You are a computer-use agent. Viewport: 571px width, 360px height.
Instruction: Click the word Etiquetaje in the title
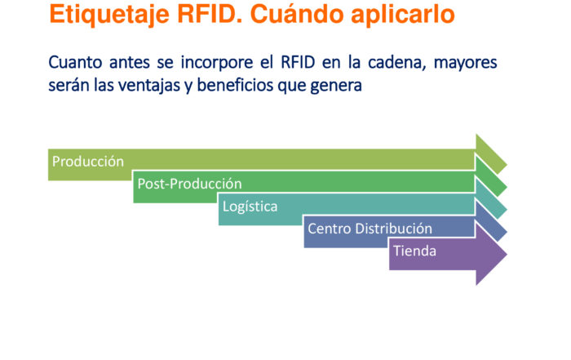(109, 16)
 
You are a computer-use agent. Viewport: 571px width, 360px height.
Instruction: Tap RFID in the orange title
(210, 14)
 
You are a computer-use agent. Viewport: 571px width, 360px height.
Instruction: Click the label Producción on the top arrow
(88, 162)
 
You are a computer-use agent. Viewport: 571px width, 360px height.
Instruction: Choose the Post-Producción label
(189, 184)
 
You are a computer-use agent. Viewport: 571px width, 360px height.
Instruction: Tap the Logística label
(250, 207)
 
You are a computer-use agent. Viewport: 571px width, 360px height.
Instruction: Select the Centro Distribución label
(370, 229)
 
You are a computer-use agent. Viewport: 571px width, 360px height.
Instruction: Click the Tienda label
(414, 251)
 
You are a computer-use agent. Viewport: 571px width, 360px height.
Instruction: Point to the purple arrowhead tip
(507, 254)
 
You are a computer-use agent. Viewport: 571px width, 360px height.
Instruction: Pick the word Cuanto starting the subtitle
(75, 62)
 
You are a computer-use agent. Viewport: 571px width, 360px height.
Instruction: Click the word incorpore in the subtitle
(217, 63)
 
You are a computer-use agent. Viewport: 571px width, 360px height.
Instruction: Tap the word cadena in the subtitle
(397, 63)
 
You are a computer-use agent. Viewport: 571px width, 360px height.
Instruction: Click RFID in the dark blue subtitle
(298, 62)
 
